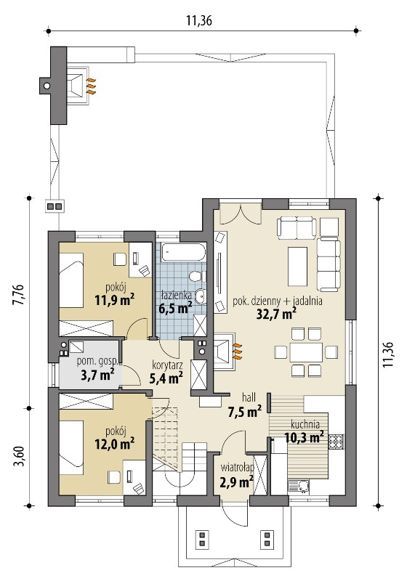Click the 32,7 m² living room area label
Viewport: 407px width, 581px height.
[x=276, y=314]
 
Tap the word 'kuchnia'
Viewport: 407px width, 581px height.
[x=305, y=425]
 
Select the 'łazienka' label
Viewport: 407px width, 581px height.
[x=177, y=296]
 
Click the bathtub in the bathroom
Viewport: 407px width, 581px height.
[x=184, y=252]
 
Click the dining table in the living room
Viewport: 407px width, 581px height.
[x=306, y=352]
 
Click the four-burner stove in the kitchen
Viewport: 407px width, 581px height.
[x=337, y=442]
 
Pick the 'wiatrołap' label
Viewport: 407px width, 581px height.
[x=237, y=468]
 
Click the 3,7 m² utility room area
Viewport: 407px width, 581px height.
[x=97, y=375]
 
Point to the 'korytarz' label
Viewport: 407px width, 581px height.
[x=167, y=365]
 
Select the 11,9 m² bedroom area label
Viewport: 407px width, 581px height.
[x=115, y=300]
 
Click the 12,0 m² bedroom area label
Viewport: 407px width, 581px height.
[x=115, y=444]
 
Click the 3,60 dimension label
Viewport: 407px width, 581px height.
[x=19, y=457]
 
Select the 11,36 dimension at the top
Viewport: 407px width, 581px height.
[x=199, y=21]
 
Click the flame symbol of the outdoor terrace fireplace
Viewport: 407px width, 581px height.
[x=91, y=86]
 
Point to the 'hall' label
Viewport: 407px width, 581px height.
[x=249, y=398]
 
